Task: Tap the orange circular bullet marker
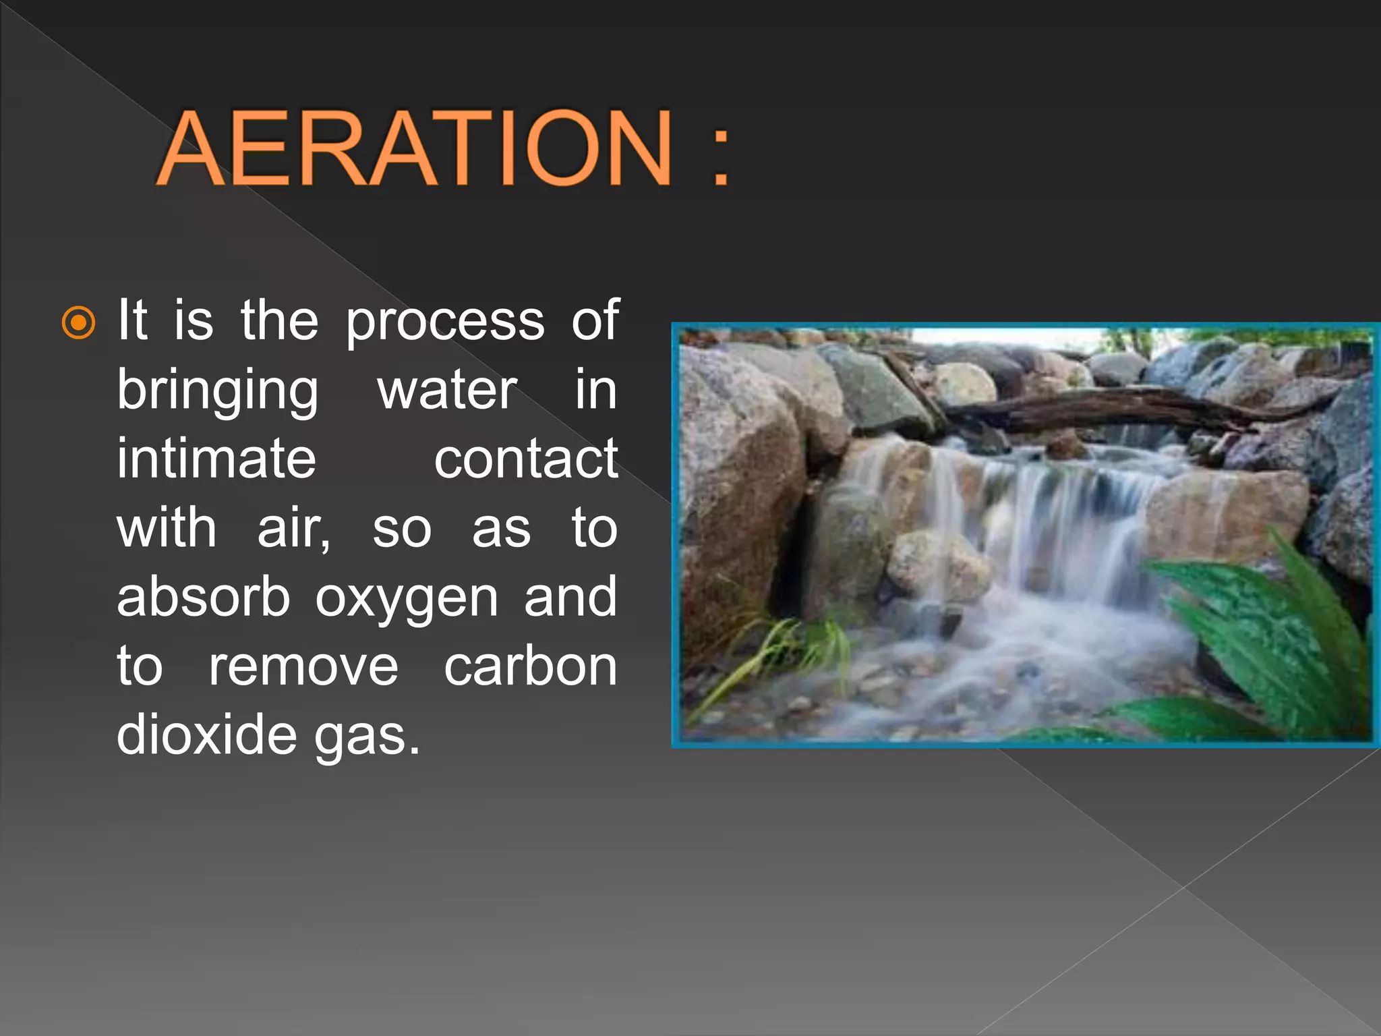(78, 323)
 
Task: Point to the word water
(447, 391)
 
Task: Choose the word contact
(526, 461)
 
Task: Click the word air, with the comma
(294, 530)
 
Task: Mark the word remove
(303, 668)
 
